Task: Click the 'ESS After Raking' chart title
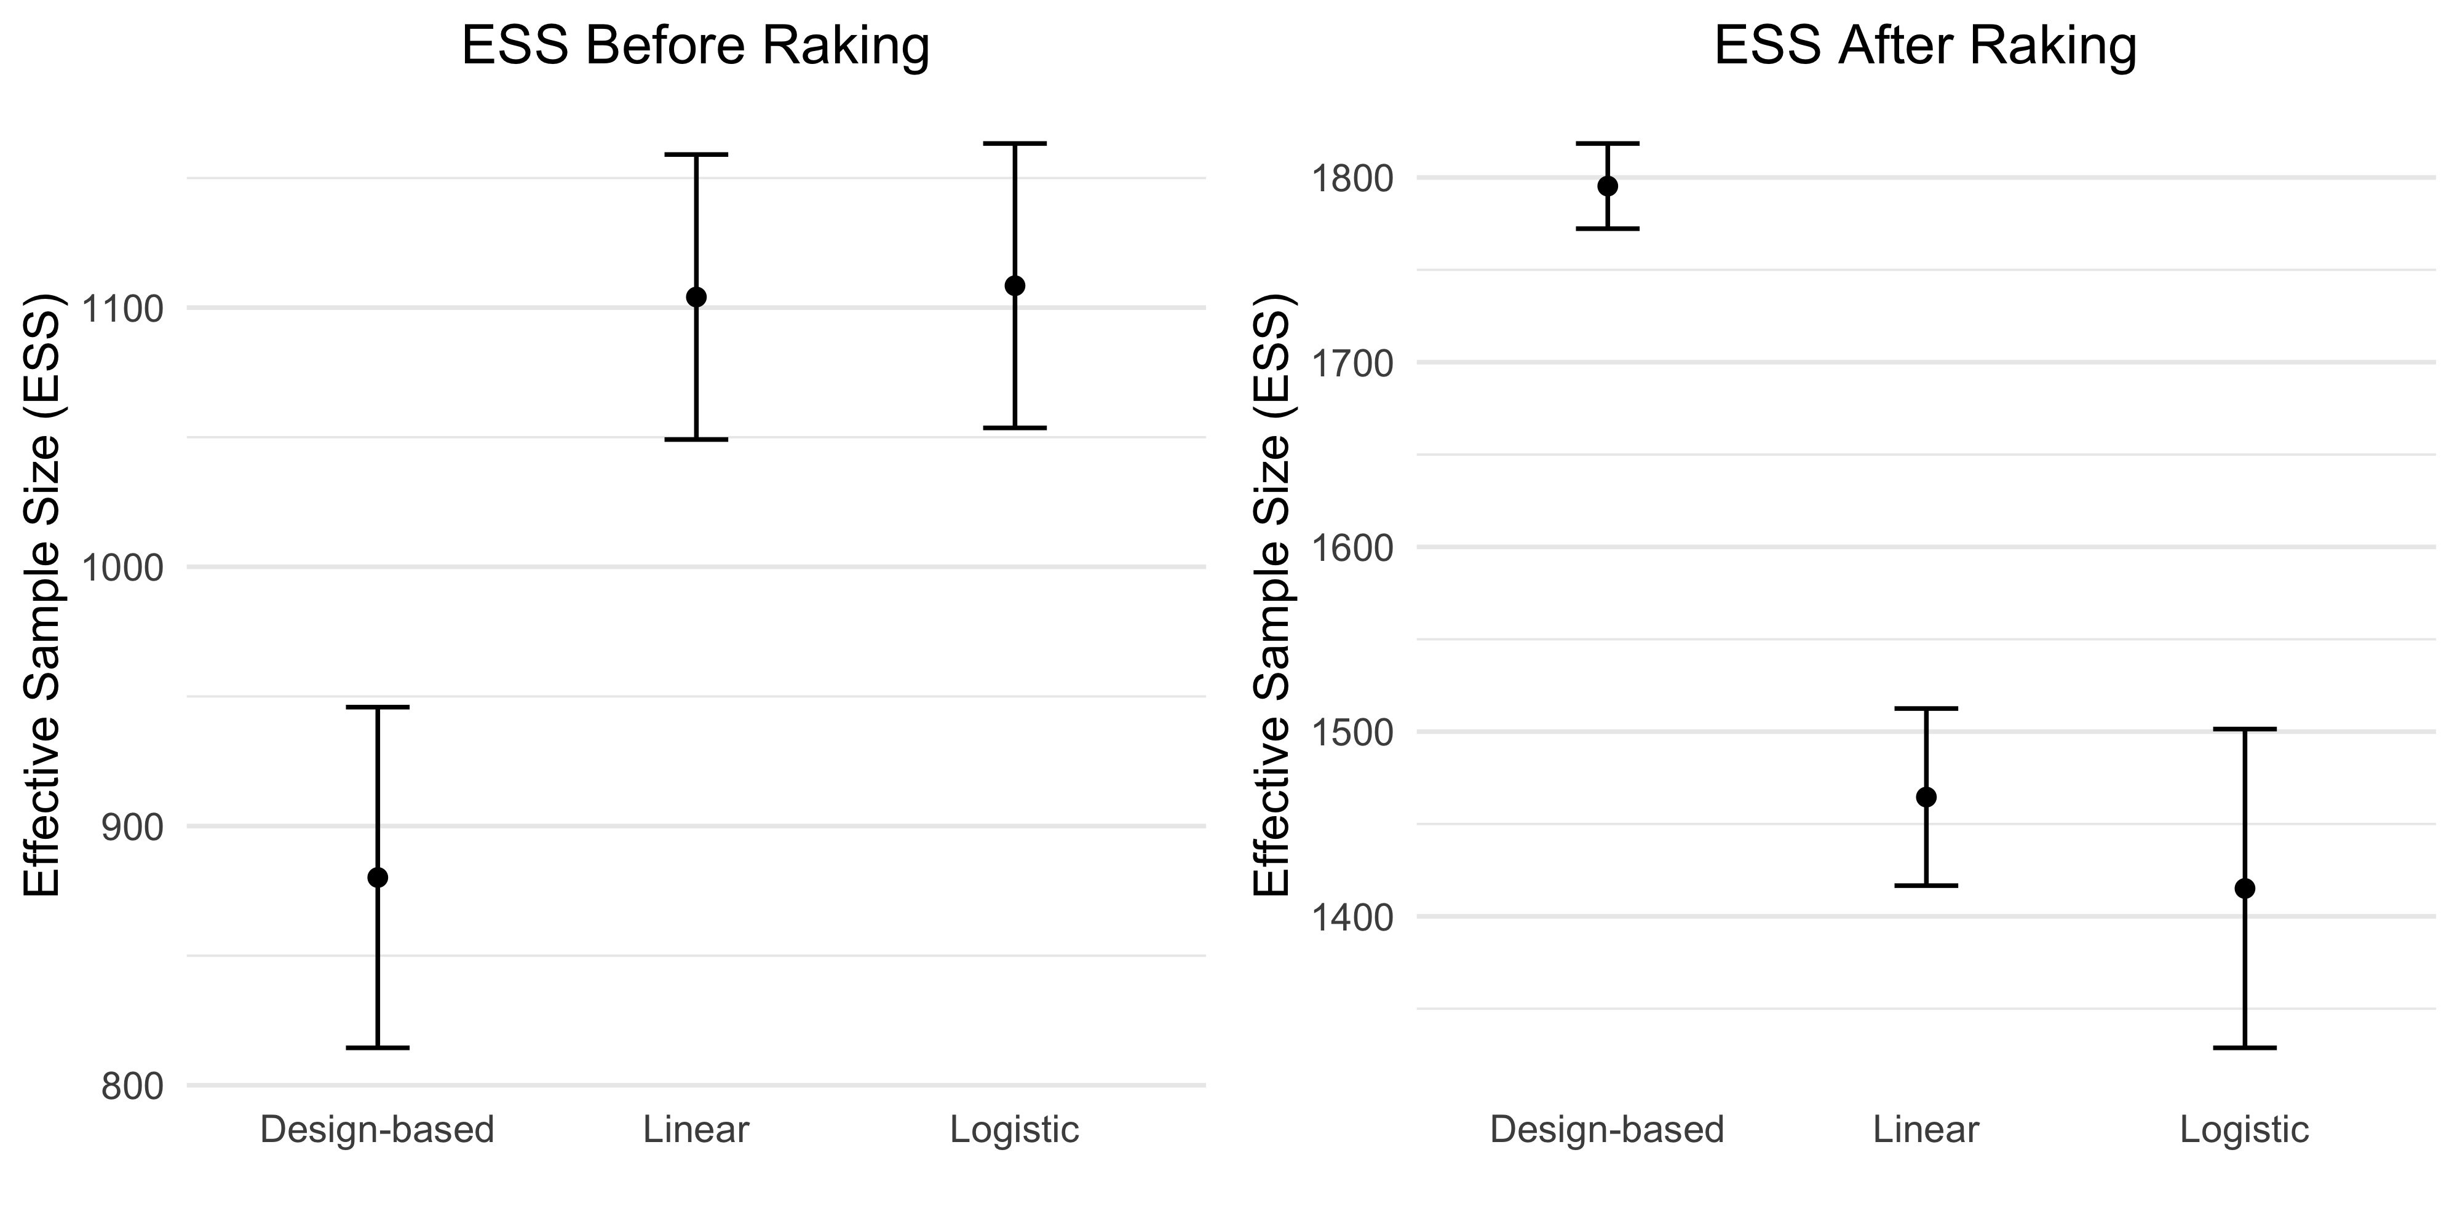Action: pyautogui.click(x=1925, y=46)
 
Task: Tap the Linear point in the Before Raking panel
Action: pyautogui.click(x=696, y=297)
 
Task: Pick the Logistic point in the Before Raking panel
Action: pyautogui.click(x=1015, y=285)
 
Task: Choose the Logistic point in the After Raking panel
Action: pyautogui.click(x=2245, y=888)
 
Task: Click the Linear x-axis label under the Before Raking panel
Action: pyautogui.click(x=696, y=1130)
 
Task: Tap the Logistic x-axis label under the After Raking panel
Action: pyautogui.click(x=2245, y=1130)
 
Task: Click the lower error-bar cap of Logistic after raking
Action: pyautogui.click(x=2245, y=1047)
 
